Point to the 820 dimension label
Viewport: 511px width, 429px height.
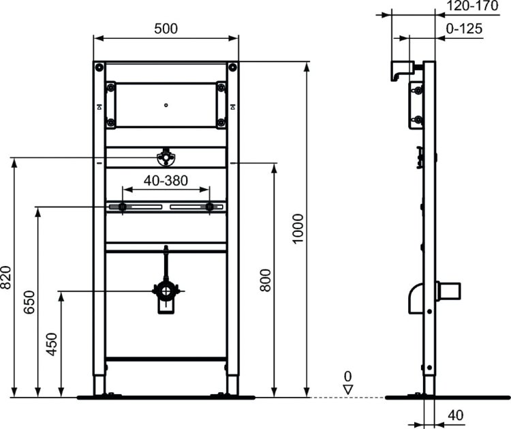[6, 277]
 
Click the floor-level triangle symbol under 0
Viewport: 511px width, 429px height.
[347, 389]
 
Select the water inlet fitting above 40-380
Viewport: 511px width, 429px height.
[166, 159]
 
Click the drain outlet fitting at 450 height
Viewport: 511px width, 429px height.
[166, 293]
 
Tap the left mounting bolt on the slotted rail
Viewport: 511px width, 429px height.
[122, 207]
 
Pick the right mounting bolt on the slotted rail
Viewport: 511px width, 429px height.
[210, 207]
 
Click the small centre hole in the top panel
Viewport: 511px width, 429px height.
[166, 105]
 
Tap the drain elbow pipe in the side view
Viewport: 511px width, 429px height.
[416, 300]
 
